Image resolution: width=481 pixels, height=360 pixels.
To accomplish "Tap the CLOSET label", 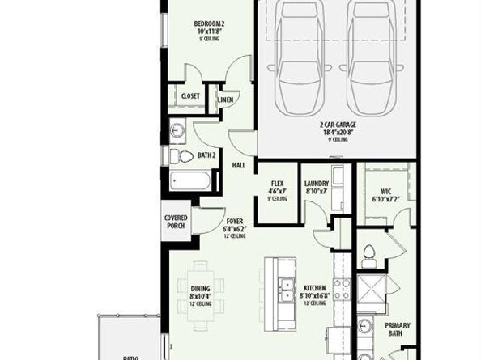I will (190, 95).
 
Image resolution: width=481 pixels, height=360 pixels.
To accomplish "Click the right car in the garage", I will (374, 61).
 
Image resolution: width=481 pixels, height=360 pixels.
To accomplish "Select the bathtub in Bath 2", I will (191, 180).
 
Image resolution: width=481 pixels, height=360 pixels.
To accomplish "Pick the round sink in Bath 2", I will (178, 130).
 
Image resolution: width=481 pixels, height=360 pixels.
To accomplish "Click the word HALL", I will (239, 165).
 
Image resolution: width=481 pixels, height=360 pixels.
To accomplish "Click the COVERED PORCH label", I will (176, 221).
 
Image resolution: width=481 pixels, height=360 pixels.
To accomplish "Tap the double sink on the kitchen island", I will (284, 290).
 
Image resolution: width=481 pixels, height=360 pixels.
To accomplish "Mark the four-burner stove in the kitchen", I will (343, 290).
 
